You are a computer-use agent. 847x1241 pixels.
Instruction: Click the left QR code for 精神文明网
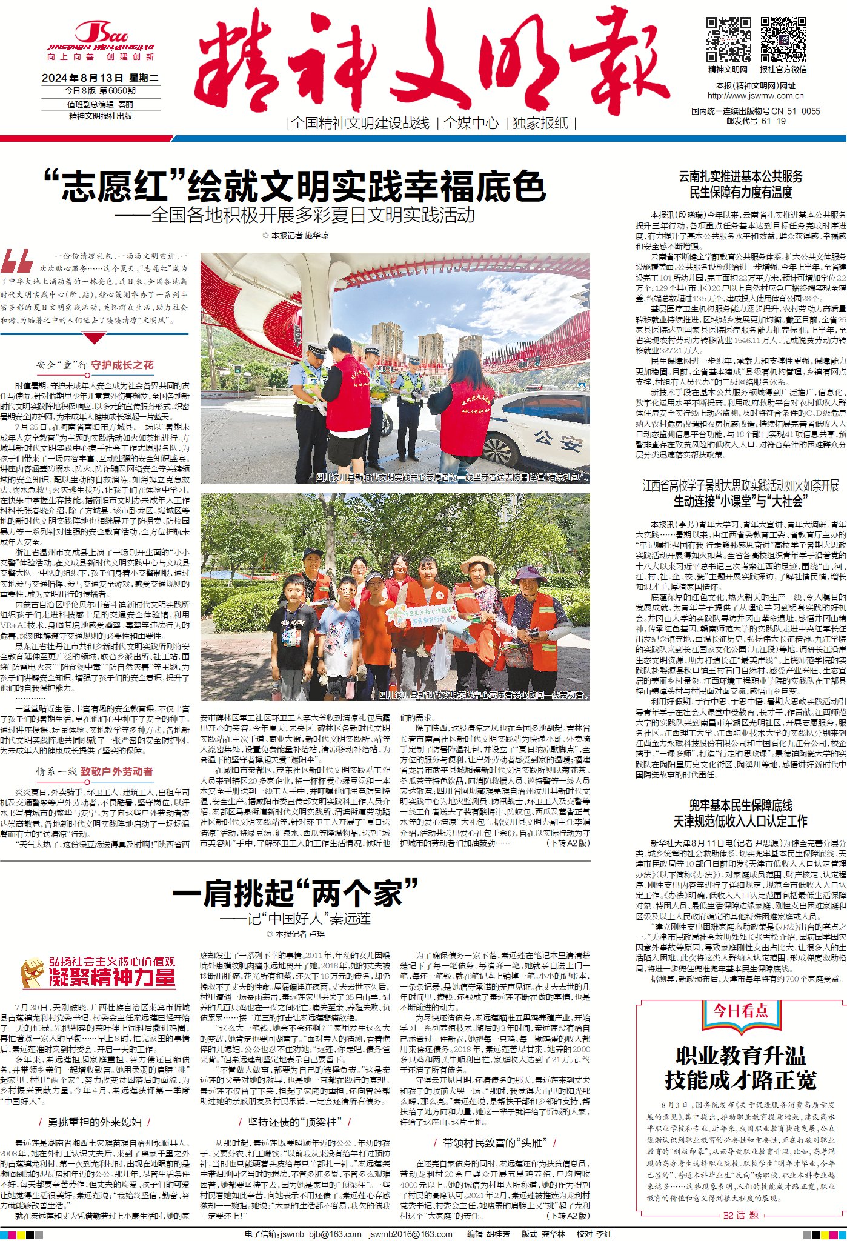point(728,40)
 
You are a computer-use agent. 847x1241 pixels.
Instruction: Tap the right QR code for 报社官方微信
point(783,40)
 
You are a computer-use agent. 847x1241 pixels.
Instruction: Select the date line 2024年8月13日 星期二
point(100,78)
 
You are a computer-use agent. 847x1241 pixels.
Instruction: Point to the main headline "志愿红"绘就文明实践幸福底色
point(294,185)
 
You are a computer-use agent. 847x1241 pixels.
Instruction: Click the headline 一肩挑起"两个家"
point(295,893)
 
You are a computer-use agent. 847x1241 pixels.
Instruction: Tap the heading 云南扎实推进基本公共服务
point(740,177)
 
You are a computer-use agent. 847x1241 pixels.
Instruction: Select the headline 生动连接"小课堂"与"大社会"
point(740,501)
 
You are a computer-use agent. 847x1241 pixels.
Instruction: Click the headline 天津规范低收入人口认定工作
point(740,821)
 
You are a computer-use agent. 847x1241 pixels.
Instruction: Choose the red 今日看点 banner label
point(740,1010)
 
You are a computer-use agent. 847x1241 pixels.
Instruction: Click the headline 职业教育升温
point(740,1056)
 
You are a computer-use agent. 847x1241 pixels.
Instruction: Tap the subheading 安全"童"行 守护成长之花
point(95,365)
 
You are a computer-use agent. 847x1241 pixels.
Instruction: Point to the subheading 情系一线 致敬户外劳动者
point(95,771)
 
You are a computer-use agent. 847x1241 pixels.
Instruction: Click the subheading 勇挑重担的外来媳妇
point(95,1122)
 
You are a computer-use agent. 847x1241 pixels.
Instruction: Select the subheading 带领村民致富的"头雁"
point(495,1143)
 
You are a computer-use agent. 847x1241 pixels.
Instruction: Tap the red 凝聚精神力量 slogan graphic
point(113,977)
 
